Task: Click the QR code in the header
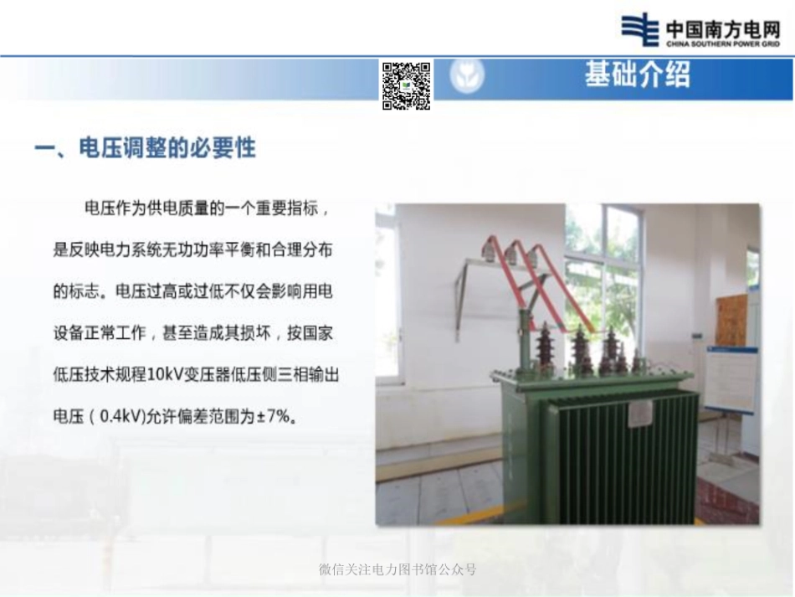coord(407,85)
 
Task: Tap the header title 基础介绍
coord(638,75)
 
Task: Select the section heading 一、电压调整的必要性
coord(145,149)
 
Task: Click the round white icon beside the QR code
coord(467,77)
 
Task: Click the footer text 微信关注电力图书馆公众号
coord(397,569)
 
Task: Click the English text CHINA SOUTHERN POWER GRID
coord(723,44)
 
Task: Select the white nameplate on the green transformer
coord(640,412)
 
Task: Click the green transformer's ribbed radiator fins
coord(619,461)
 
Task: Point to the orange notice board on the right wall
coord(731,319)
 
